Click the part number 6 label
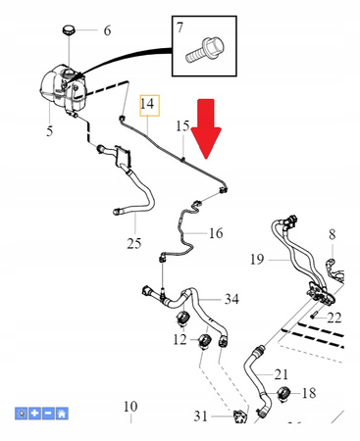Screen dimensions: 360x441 click(x=107, y=30)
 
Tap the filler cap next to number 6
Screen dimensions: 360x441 click(x=69, y=30)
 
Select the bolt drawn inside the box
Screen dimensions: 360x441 click(x=205, y=50)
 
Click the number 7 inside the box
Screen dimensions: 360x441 click(x=180, y=27)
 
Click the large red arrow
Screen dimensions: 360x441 click(x=206, y=128)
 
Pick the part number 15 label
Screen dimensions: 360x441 click(x=182, y=126)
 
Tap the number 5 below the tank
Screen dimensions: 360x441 click(x=49, y=131)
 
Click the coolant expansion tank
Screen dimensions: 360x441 click(x=63, y=87)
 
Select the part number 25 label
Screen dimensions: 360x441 click(x=134, y=243)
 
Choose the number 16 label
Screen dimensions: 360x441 click(x=216, y=233)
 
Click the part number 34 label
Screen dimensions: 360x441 click(x=231, y=299)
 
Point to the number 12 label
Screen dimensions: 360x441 click(x=180, y=340)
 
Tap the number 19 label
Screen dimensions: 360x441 click(x=257, y=260)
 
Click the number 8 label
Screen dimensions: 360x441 click(x=333, y=234)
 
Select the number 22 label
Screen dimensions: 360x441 click(x=334, y=318)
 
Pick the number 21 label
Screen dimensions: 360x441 click(x=282, y=374)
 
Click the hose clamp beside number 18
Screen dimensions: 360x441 click(x=284, y=393)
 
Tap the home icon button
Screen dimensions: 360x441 click(x=62, y=414)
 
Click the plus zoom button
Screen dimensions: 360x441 click(x=34, y=414)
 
